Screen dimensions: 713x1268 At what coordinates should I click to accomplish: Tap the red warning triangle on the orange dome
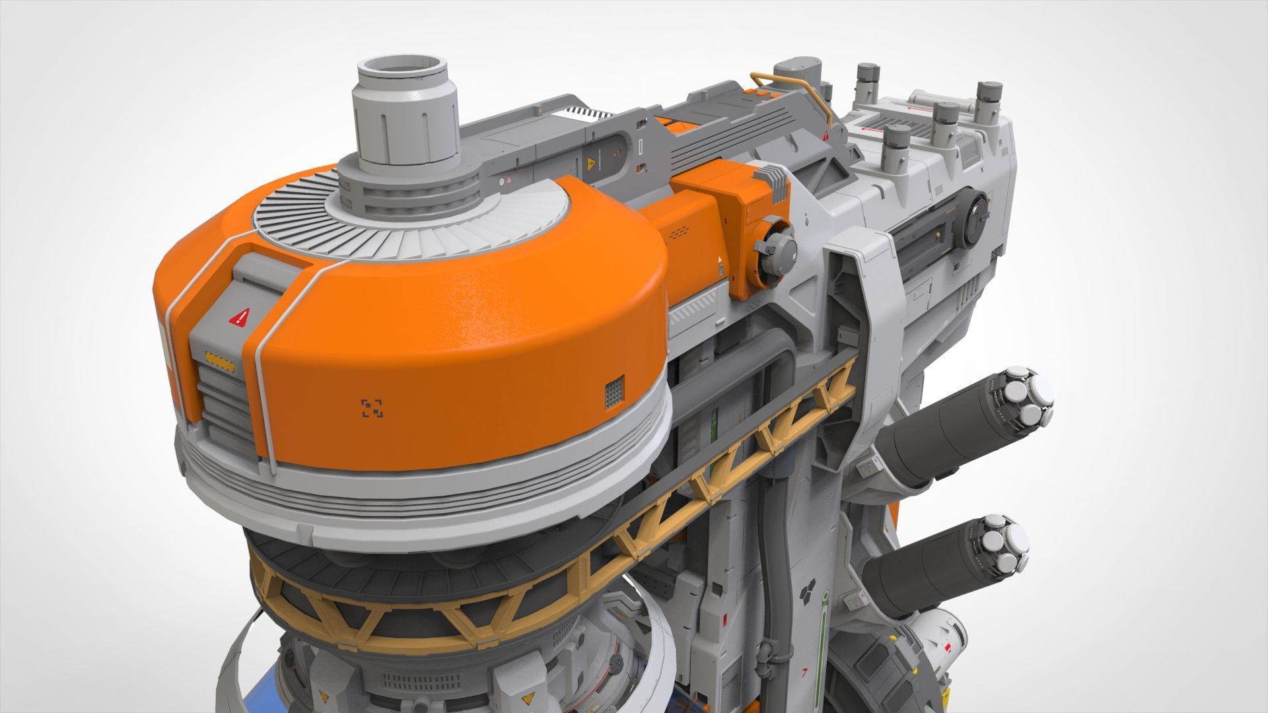point(238,318)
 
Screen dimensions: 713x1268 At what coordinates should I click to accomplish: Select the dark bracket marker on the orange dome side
point(372,408)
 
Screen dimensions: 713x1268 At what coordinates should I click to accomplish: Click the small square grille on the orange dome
point(614,393)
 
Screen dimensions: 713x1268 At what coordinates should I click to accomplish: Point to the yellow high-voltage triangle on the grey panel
point(590,163)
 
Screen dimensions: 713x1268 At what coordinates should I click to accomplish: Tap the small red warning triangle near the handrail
point(826,136)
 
